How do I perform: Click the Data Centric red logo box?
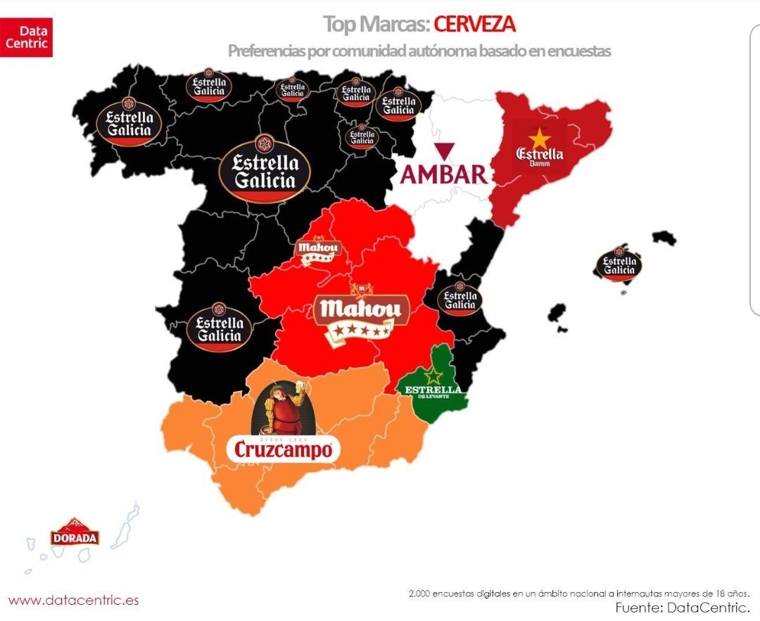coord(27,37)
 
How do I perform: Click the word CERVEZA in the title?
coord(474,24)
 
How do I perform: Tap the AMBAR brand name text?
coord(443,174)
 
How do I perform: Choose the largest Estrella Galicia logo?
coord(265,169)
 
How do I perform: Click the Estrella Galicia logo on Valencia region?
coord(461,299)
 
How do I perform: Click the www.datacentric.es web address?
coord(74,600)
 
